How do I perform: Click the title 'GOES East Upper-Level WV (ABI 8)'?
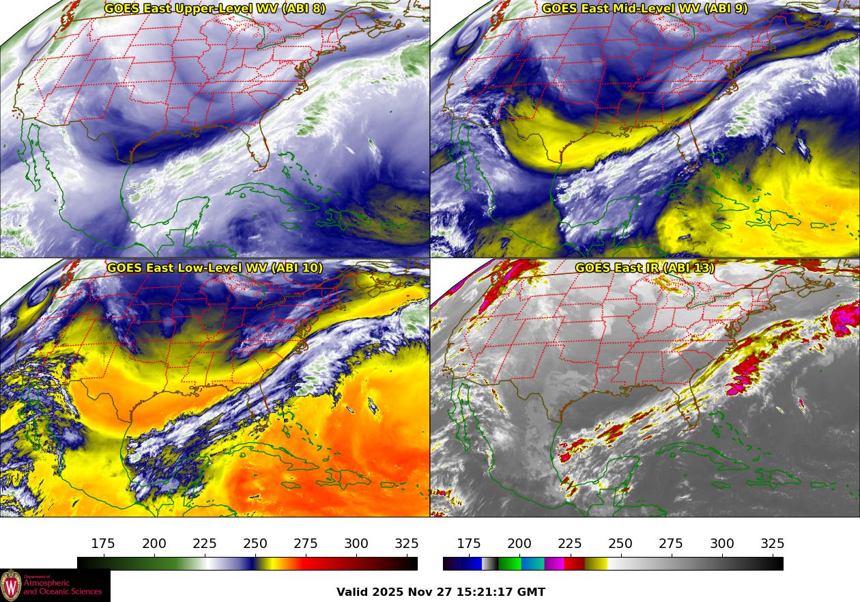pos(215,9)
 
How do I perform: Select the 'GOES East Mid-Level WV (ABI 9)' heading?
pos(645,9)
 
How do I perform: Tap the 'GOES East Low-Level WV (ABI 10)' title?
pos(215,268)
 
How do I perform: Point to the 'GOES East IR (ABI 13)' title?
pos(645,268)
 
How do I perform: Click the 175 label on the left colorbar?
pos(103,544)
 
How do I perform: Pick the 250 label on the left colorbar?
pos(255,544)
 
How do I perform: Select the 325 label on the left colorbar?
pos(407,544)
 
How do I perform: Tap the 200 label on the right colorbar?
pos(519,544)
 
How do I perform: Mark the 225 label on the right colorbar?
pos(570,544)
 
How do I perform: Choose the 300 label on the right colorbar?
pos(722,544)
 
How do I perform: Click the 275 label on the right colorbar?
pos(671,544)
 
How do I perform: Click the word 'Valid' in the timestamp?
pos(352,592)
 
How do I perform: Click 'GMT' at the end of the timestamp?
pos(532,592)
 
